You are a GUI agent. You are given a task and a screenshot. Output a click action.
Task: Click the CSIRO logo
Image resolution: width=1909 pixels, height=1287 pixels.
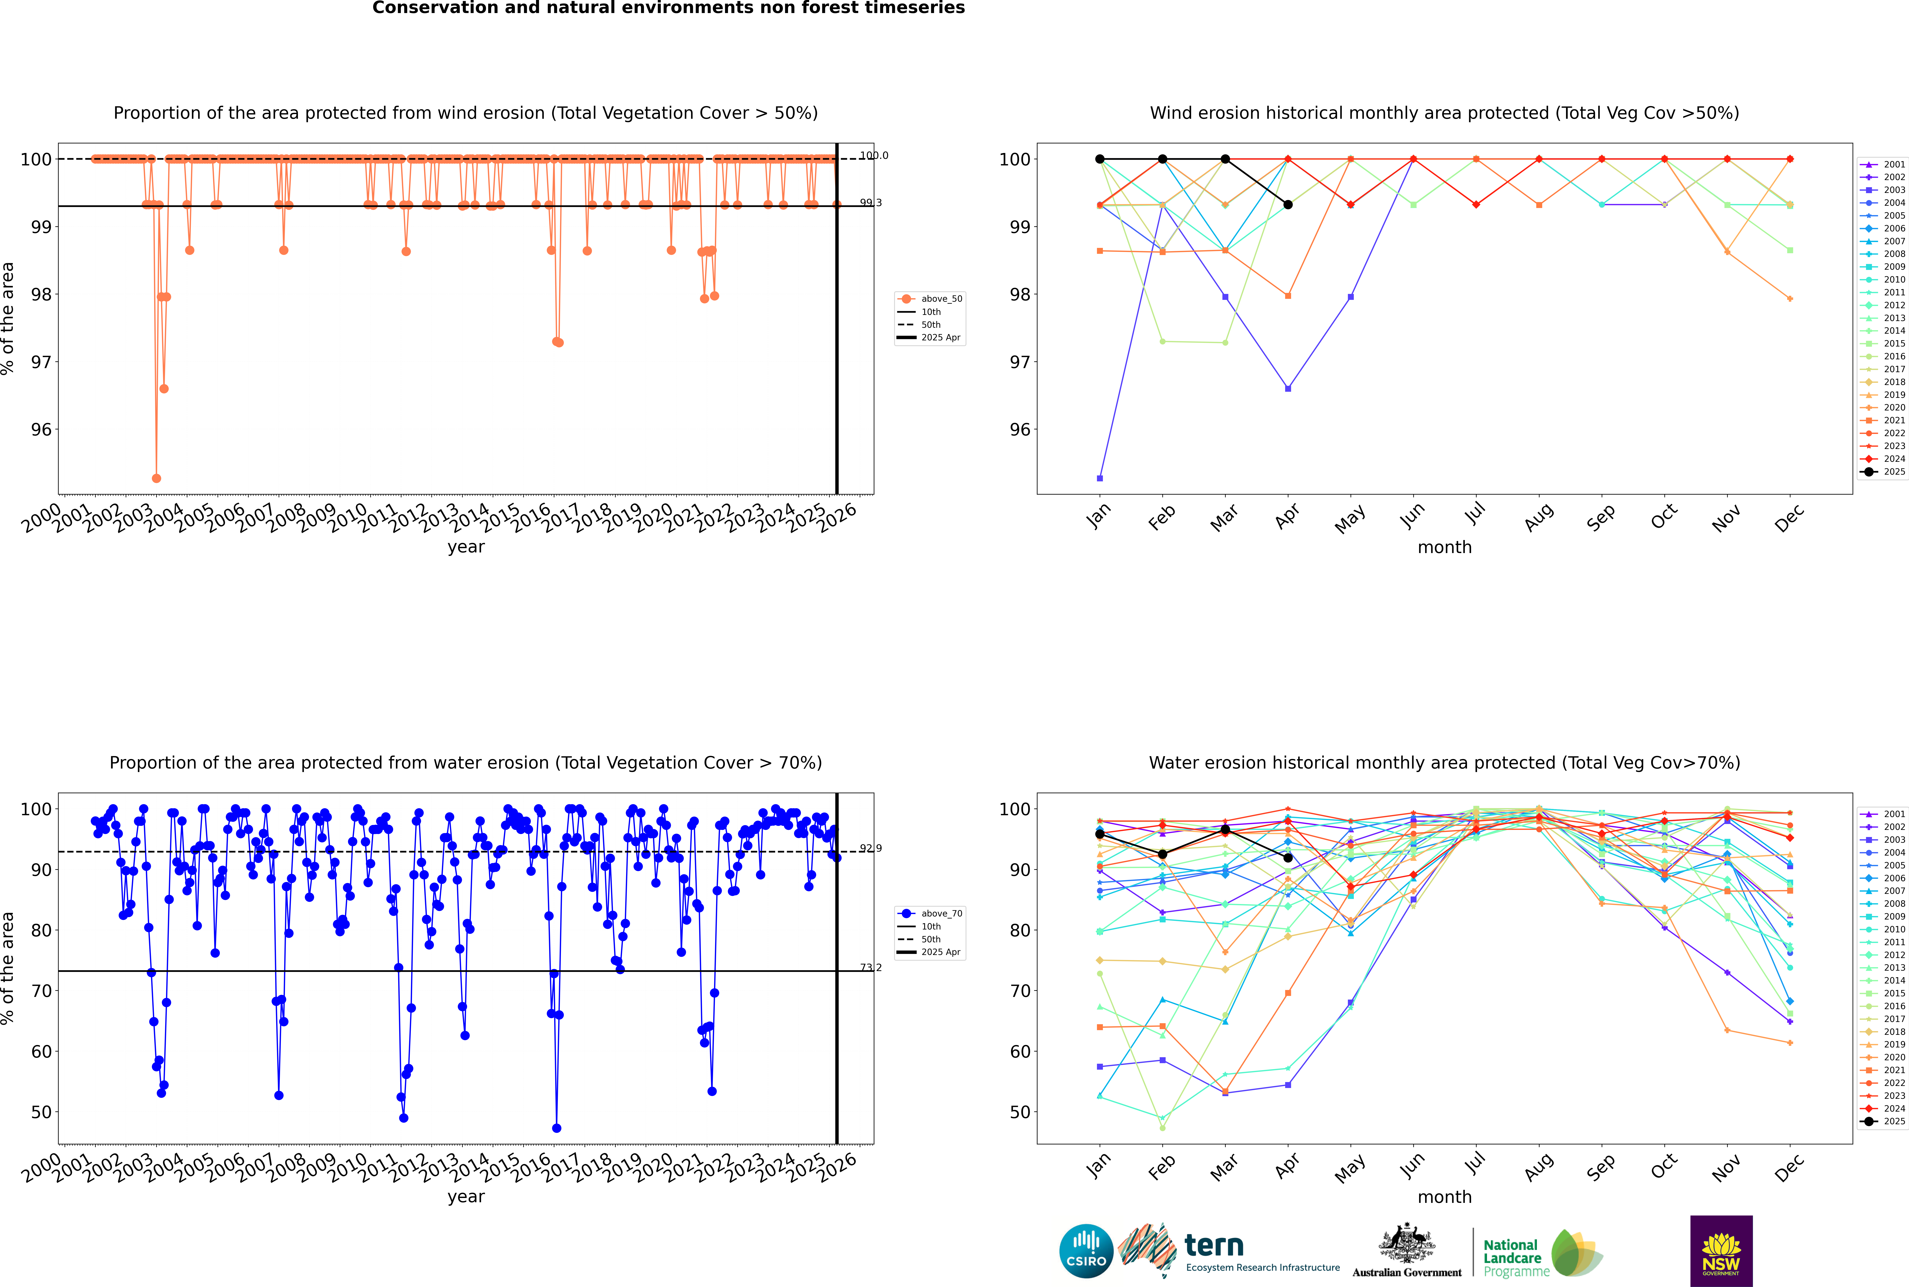[1086, 1251]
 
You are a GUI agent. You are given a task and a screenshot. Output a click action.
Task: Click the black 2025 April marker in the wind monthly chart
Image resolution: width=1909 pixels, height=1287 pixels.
[1288, 204]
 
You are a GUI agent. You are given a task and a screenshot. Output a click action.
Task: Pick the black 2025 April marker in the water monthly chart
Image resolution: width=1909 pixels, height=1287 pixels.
[1288, 858]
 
